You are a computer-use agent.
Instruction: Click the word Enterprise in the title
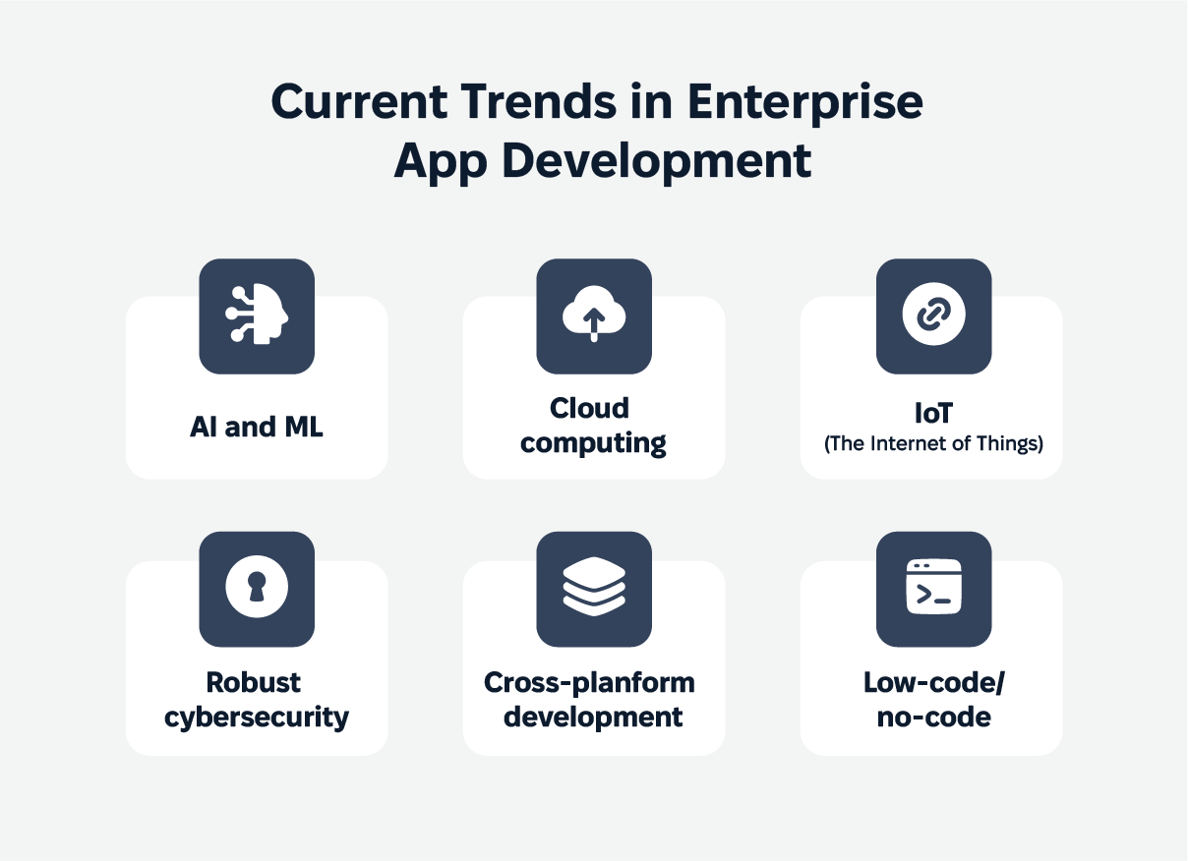coord(804,102)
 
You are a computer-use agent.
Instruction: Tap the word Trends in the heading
coord(538,101)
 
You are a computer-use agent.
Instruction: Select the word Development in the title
coord(656,161)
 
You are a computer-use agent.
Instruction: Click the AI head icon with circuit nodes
coord(257,315)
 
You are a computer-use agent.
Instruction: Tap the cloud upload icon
coord(594,314)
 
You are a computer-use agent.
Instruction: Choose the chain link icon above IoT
coord(933,315)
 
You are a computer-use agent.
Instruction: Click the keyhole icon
coord(257,587)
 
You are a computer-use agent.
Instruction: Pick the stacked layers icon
coord(594,586)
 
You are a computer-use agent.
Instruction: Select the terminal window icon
coord(933,587)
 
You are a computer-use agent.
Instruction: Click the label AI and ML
coord(257,427)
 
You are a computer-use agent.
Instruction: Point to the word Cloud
coord(589,409)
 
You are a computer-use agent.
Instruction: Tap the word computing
coord(593,443)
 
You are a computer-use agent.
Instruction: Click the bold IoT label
coord(933,413)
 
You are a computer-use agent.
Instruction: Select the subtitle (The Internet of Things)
coord(933,443)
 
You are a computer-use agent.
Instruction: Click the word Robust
coord(253,682)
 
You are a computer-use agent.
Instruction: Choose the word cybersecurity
coord(257,717)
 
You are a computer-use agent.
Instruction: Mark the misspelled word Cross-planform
coord(589,683)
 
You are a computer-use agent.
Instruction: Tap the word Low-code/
coord(934,683)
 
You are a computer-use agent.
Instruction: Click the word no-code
coord(933,717)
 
